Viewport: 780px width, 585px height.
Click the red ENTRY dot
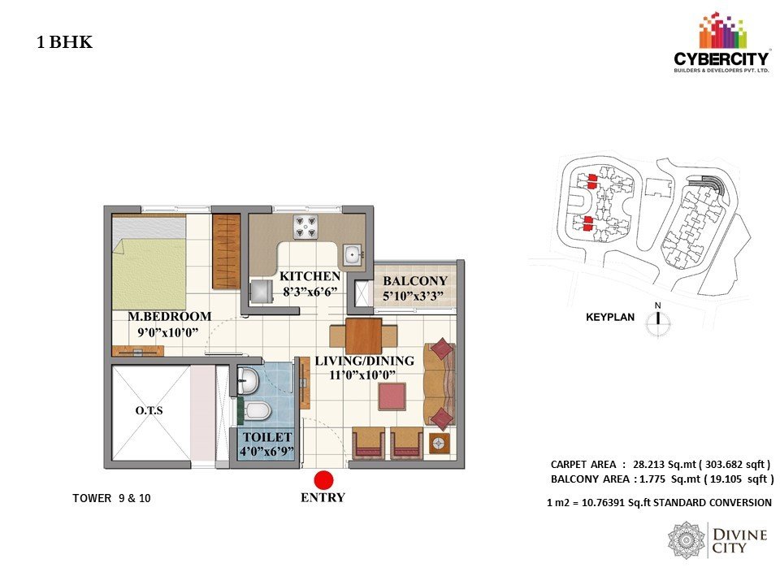pos(323,480)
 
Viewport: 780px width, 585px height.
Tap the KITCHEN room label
pos(310,276)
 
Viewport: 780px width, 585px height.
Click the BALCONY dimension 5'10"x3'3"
pos(413,296)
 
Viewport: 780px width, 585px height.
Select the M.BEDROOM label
pos(170,316)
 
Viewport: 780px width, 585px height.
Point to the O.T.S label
pos(149,411)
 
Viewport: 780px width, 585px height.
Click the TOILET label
pos(267,437)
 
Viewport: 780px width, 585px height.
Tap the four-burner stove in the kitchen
pos(305,227)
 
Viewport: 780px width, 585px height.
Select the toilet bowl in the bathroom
pos(258,411)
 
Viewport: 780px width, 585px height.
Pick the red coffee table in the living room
pos(392,396)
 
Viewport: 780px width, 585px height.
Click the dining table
pos(364,336)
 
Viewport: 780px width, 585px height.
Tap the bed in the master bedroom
pos(149,262)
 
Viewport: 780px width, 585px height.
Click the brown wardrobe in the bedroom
pos(227,251)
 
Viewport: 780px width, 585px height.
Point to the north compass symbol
pos(657,322)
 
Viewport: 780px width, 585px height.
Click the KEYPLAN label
pos(610,318)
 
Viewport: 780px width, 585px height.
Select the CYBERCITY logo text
pos(721,59)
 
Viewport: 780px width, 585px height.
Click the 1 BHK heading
pos(65,42)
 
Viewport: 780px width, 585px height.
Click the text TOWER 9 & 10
pos(111,498)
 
